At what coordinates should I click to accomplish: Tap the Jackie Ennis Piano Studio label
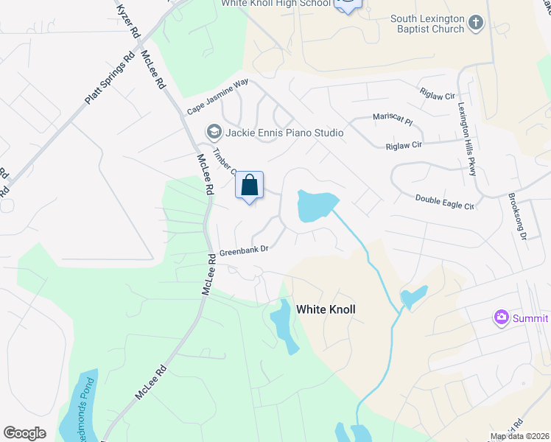click(284, 133)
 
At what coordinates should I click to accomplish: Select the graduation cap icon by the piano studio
click(214, 133)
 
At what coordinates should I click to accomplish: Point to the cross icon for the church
click(476, 23)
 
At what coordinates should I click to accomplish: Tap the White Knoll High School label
click(276, 4)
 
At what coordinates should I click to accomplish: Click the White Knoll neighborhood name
click(326, 310)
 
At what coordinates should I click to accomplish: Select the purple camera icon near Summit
click(502, 318)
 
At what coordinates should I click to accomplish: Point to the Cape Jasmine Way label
click(217, 98)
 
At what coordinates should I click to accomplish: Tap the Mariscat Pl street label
click(392, 118)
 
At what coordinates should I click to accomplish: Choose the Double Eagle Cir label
click(444, 200)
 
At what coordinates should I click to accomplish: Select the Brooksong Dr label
click(516, 217)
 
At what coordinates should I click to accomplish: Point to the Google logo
click(24, 433)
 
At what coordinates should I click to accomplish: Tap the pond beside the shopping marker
click(315, 205)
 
